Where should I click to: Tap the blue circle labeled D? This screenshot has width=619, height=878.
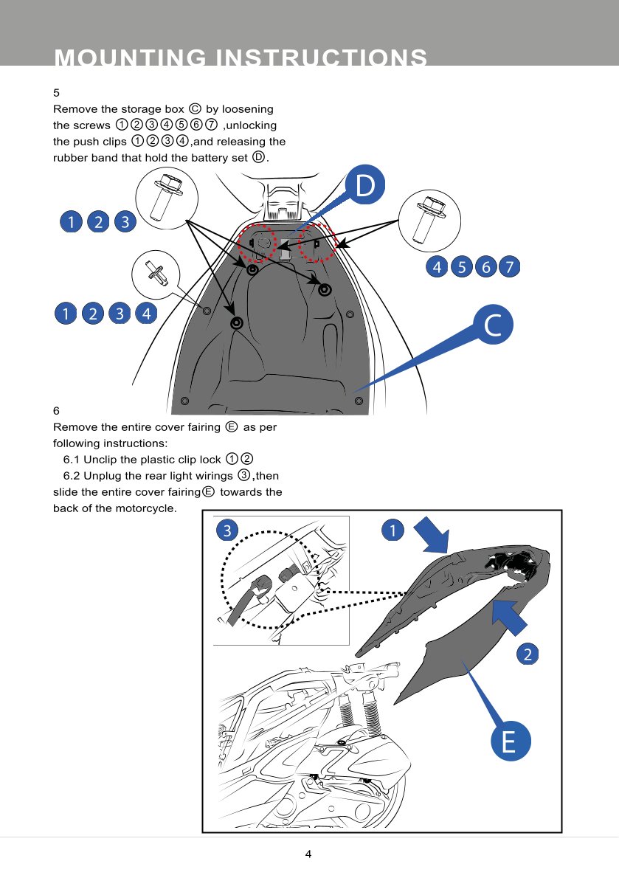click(367, 187)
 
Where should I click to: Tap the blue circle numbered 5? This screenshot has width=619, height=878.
click(462, 267)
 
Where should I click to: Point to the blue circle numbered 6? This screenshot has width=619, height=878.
click(485, 267)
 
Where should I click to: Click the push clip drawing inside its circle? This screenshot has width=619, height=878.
click(156, 273)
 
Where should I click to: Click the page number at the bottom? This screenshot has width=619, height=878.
click(308, 854)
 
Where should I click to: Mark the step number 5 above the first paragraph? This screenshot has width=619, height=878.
click(56, 93)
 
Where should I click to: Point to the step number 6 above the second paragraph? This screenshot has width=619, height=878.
click(56, 410)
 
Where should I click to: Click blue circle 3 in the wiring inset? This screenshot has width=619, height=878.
click(227, 530)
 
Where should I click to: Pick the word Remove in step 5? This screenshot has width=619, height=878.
click(72, 109)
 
